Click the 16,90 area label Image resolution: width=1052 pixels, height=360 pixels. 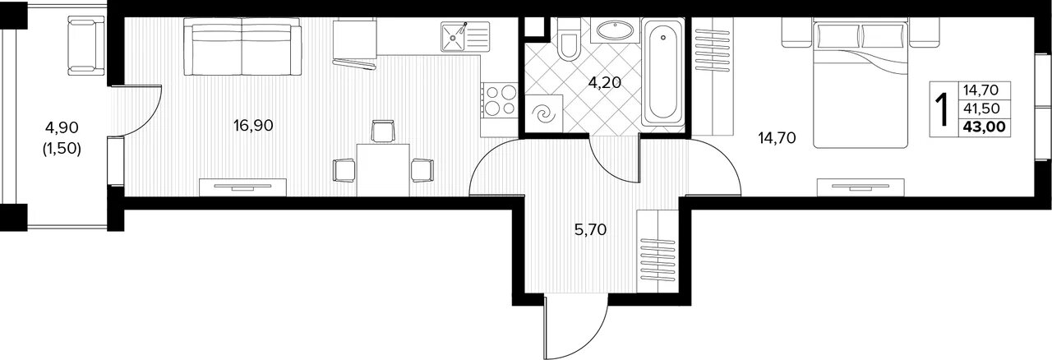[x=253, y=126]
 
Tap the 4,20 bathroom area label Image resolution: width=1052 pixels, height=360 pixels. [x=605, y=83]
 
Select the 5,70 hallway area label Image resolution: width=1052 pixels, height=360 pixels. [x=590, y=230]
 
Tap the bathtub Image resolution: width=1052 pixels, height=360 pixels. [x=662, y=72]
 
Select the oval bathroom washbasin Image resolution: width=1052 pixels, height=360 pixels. [x=615, y=30]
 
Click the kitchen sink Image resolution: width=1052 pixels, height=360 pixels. [x=465, y=36]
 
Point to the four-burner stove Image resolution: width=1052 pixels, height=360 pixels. [x=499, y=100]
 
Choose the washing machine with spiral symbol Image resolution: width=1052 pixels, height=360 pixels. [x=544, y=113]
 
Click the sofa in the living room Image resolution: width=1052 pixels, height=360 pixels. [x=242, y=47]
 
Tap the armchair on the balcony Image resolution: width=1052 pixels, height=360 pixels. [x=86, y=45]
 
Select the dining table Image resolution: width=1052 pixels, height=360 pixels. [x=383, y=169]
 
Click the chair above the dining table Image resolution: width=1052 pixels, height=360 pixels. [x=383, y=132]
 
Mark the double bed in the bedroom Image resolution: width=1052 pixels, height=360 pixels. [x=861, y=83]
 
